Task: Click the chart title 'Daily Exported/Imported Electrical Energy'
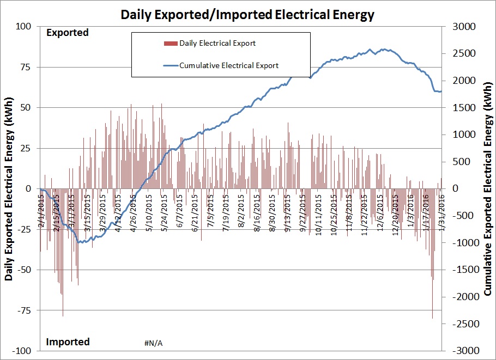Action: click(247, 14)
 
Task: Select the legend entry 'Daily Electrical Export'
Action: click(217, 43)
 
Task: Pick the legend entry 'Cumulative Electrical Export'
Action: click(228, 65)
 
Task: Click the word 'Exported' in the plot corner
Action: click(67, 33)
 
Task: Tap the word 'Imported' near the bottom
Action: click(68, 342)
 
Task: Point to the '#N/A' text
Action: click(154, 343)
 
